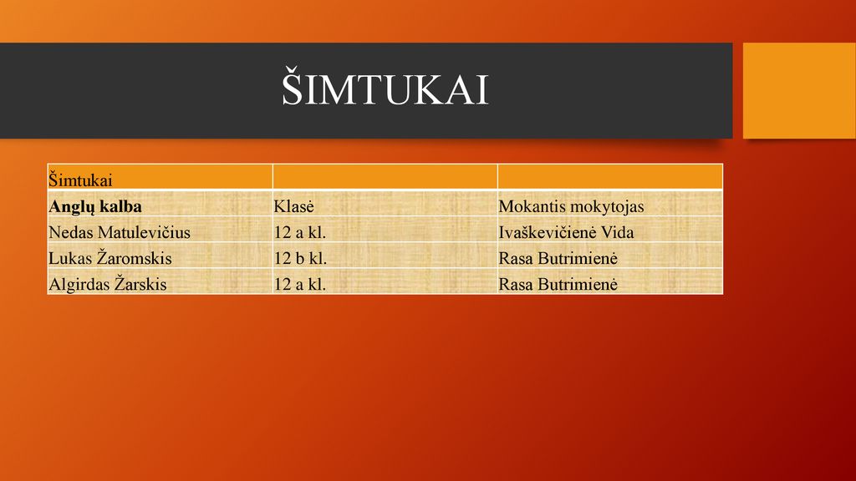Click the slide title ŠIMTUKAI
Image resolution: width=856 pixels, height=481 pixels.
(x=385, y=87)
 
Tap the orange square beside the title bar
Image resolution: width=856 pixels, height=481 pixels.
(x=799, y=90)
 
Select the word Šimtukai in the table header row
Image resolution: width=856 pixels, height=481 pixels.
(x=80, y=180)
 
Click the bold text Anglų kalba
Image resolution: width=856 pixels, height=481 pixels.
(x=95, y=207)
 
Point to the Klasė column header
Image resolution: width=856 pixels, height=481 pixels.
(x=293, y=206)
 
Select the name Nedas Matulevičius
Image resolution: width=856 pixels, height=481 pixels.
(x=120, y=232)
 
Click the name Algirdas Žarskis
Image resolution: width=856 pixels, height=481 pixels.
(x=108, y=284)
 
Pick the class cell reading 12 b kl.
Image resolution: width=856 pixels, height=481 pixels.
(x=300, y=258)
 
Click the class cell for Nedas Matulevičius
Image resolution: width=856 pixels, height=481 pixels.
(x=300, y=232)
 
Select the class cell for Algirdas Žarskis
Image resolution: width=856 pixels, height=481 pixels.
(x=300, y=284)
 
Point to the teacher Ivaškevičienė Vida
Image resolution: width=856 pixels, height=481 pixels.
(x=566, y=232)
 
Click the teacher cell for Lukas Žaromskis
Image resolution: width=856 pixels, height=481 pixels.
(x=558, y=258)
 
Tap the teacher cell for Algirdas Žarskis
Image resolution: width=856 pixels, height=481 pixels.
(x=558, y=284)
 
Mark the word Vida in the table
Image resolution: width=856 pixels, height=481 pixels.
(x=618, y=232)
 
